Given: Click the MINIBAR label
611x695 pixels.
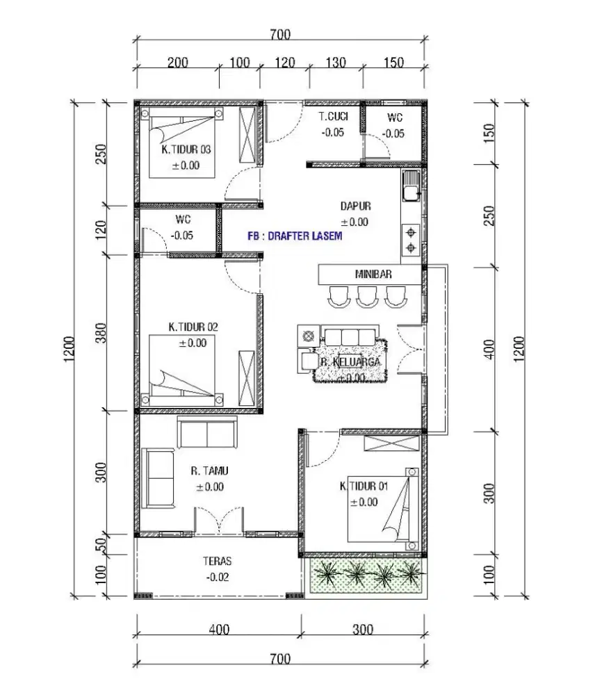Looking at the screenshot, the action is pyautogui.click(x=373, y=274).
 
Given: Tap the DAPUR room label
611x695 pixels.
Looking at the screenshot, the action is pyautogui.click(x=356, y=206).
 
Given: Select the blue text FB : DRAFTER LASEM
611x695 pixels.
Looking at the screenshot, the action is pyautogui.click(x=295, y=236).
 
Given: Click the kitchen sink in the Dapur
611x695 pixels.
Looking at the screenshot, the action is pyautogui.click(x=411, y=186).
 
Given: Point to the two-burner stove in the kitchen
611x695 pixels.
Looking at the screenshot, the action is pyautogui.click(x=411, y=240).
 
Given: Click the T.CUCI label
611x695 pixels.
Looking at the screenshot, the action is pyautogui.click(x=333, y=117).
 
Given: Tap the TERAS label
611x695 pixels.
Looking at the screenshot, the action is pyautogui.click(x=218, y=561).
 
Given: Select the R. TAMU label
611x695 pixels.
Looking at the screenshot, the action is pyautogui.click(x=209, y=471).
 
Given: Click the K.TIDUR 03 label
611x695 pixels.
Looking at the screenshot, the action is pyautogui.click(x=186, y=149).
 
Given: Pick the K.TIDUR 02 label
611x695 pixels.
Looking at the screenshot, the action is pyautogui.click(x=193, y=327).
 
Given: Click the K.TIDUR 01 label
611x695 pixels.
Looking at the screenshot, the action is pyautogui.click(x=364, y=486).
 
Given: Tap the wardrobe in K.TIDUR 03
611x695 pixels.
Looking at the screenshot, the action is pyautogui.click(x=247, y=136).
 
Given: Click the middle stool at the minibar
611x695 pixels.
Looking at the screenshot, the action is pyautogui.click(x=367, y=297).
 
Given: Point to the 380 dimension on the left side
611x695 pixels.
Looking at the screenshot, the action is pyautogui.click(x=101, y=333).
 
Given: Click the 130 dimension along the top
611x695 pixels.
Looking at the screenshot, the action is pyautogui.click(x=336, y=63).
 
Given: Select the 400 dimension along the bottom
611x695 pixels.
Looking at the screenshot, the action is pyautogui.click(x=219, y=630).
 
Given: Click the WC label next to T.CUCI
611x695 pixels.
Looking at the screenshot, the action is pyautogui.click(x=395, y=117).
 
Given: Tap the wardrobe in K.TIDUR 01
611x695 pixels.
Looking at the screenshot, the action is pyautogui.click(x=391, y=443).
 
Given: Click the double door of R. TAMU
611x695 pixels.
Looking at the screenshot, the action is pyautogui.click(x=219, y=521).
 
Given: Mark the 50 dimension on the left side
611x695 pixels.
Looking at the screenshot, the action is pyautogui.click(x=101, y=544).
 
